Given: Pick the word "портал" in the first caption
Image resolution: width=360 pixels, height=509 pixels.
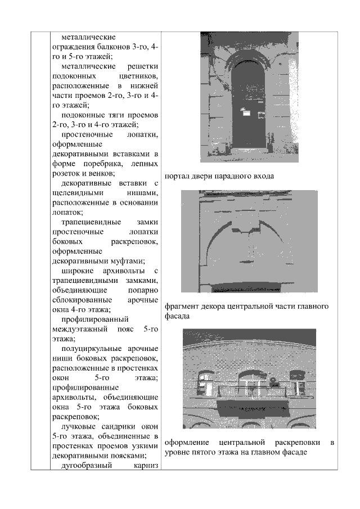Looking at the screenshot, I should (x=178, y=175).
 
